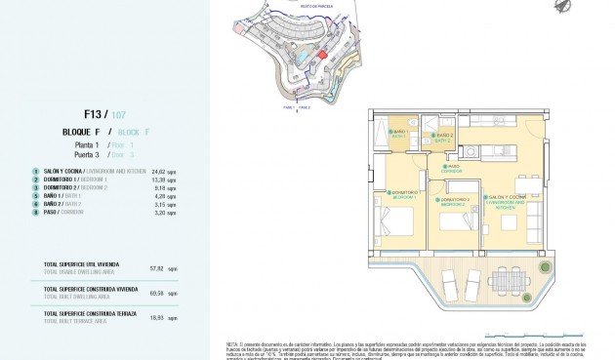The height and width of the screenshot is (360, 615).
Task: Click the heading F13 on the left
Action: click(96, 112)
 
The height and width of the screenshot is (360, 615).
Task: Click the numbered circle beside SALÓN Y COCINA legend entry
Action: click(35, 171)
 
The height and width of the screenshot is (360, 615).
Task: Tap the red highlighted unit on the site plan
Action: click(323, 56)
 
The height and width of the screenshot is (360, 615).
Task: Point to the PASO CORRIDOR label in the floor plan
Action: click(452, 168)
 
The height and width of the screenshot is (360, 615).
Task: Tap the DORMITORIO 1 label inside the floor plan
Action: click(401, 195)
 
